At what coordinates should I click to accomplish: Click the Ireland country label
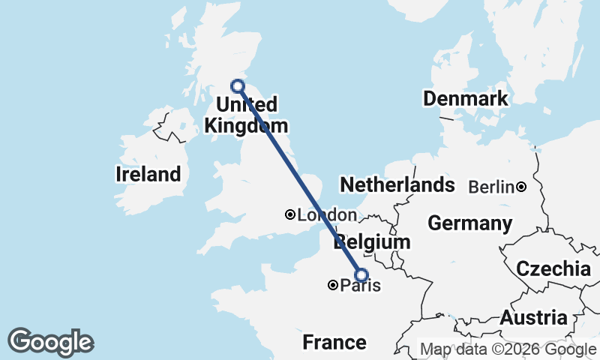[x=148, y=175]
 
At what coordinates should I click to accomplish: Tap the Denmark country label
[x=465, y=98]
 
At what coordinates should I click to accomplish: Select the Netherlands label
[x=397, y=184]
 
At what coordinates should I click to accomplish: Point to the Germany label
[x=470, y=223]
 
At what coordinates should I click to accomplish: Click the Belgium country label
[x=373, y=242]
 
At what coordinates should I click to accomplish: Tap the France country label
[x=334, y=343]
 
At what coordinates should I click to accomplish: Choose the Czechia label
[x=553, y=268]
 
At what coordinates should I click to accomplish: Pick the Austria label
[x=533, y=317]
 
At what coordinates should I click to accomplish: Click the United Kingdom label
[x=246, y=114]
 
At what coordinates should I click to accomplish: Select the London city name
[x=327, y=215]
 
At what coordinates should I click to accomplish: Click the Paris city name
[x=361, y=286]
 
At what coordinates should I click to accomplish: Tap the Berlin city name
[x=491, y=187]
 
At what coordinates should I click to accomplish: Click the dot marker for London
[x=290, y=214]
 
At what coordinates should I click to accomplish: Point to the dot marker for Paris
[x=332, y=285]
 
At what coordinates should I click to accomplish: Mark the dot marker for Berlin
[x=520, y=186]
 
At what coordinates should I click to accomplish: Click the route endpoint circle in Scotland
[x=237, y=85]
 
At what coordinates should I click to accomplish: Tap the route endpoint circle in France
[x=361, y=275]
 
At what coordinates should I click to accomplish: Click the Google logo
[x=51, y=342]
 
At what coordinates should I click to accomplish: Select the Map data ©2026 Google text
[x=508, y=349]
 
